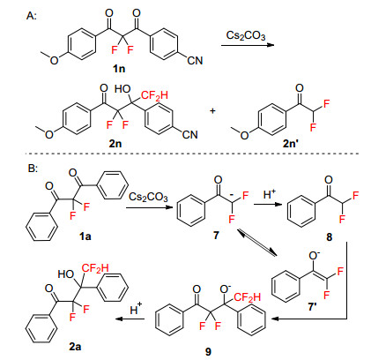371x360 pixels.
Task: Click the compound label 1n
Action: coord(119,69)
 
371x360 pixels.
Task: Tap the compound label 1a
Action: coord(85,236)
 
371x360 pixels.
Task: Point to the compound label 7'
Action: coord(312,307)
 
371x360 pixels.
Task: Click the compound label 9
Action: coord(208,352)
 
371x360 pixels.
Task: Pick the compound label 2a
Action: coord(75,347)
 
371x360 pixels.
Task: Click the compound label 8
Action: coord(330,236)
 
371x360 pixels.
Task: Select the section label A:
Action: coord(32,15)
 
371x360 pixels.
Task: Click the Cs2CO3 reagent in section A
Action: coord(246,36)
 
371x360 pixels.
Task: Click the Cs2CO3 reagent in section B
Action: coord(148,197)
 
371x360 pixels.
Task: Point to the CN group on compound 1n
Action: coord(195,60)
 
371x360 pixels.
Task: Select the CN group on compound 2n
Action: coord(190,135)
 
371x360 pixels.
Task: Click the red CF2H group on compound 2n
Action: coord(154,95)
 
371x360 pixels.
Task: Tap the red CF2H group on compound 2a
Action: coord(95,268)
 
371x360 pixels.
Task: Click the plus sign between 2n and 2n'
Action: coord(212,111)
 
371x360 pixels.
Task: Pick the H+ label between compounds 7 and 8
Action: coord(270,194)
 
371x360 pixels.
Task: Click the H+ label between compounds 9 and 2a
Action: coord(136,310)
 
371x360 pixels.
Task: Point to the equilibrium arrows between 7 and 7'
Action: coord(257,243)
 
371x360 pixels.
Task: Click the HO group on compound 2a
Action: coord(66,274)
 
